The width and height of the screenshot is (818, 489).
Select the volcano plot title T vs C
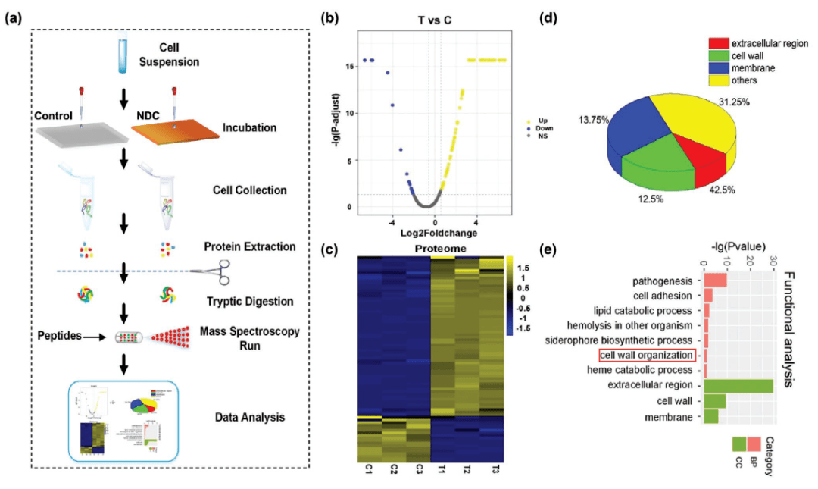431,20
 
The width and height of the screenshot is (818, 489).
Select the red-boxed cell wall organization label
646,355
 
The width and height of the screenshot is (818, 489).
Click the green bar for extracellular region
738,385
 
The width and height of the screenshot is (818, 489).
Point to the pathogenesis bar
716,281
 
